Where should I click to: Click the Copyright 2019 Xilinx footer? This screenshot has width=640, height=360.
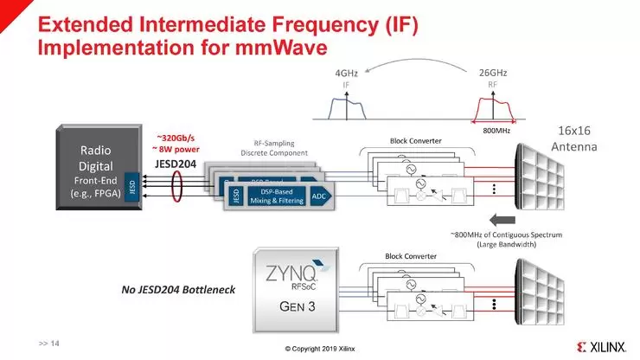[x=320, y=349]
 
